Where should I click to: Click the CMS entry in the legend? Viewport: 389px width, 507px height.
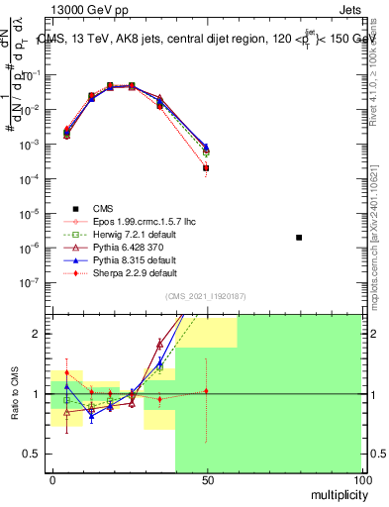coord(103,208)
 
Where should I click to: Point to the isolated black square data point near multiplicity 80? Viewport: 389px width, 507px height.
coord(299,238)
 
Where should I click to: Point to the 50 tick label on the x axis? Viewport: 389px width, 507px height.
coord(206,479)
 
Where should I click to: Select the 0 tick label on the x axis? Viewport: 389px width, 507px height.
coord(51,479)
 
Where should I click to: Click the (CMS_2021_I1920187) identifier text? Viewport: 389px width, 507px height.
coord(206,296)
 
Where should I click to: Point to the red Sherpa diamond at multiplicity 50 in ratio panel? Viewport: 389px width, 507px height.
coord(206,391)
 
